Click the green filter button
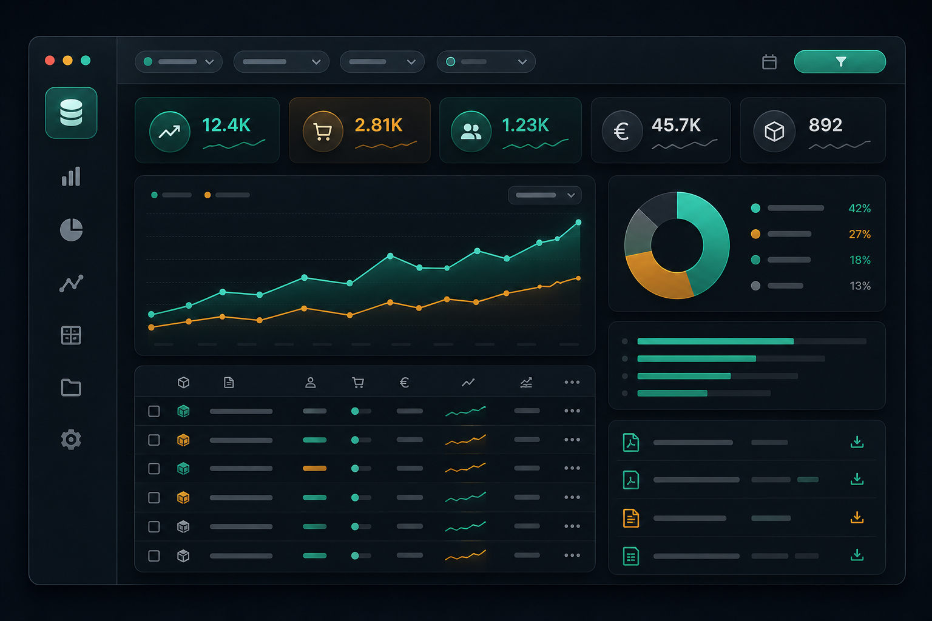tap(840, 62)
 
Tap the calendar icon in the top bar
tap(769, 62)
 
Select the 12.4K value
tap(226, 125)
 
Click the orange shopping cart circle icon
tap(322, 132)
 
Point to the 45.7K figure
tap(676, 125)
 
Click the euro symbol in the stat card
tap(621, 132)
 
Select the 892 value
tap(825, 125)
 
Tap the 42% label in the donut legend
tap(860, 209)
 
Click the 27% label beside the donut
tap(860, 234)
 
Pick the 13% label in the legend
tap(860, 286)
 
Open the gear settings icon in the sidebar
tap(71, 439)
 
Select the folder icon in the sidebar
tap(71, 388)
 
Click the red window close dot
tap(50, 60)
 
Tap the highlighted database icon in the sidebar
tap(71, 112)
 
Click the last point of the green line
tap(578, 223)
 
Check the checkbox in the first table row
tap(154, 411)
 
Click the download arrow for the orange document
tap(857, 517)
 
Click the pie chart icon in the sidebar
tap(71, 230)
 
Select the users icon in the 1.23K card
tap(471, 132)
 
